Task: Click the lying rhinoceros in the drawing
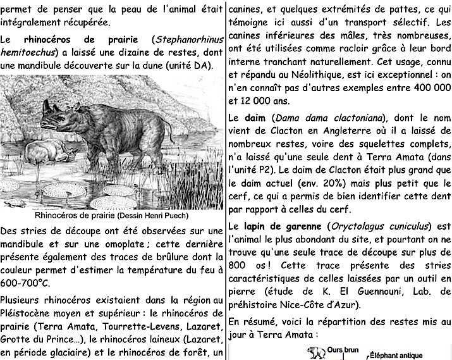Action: pos(50,151)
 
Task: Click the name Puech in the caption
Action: pos(174,215)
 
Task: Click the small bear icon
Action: pos(313,350)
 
